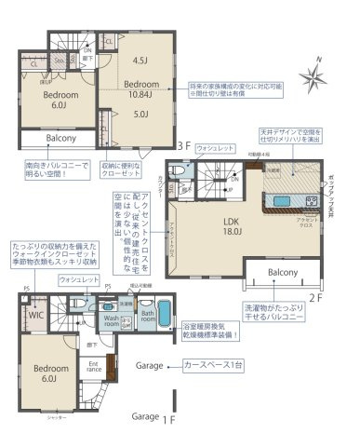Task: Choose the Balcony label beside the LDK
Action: [x=283, y=272]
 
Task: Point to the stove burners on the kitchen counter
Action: [x=308, y=199]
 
